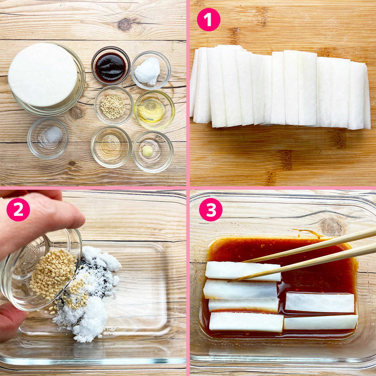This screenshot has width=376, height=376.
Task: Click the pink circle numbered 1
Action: tap(209, 19)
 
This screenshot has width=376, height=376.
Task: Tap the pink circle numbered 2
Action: tap(18, 210)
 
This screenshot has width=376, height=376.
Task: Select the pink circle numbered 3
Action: tap(211, 210)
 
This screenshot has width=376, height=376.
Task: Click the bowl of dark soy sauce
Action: tap(111, 66)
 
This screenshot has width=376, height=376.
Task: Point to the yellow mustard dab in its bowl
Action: tap(148, 151)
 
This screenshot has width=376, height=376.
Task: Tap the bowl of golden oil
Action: tap(155, 110)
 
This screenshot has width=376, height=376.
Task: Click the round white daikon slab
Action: tap(43, 75)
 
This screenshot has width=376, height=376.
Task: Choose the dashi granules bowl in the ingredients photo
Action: tap(114, 105)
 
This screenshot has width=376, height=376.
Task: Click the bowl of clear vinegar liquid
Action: tap(111, 147)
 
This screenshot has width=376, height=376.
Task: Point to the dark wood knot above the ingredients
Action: tap(125, 24)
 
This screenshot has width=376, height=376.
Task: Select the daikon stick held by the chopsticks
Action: tap(243, 271)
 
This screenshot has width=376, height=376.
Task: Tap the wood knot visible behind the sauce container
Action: tap(331, 227)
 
